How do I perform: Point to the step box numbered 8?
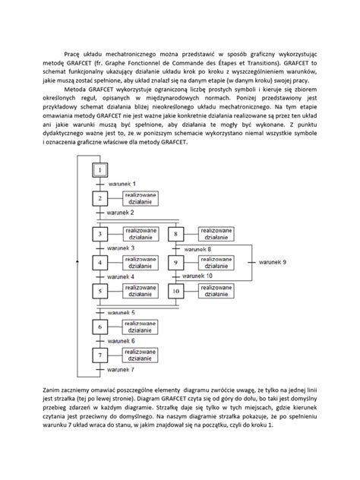175,234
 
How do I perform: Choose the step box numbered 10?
175,291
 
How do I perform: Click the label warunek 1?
122,185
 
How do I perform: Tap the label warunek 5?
122,312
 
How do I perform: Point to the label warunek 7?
122,369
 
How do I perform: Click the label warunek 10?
199,276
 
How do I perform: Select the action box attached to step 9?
215,262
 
